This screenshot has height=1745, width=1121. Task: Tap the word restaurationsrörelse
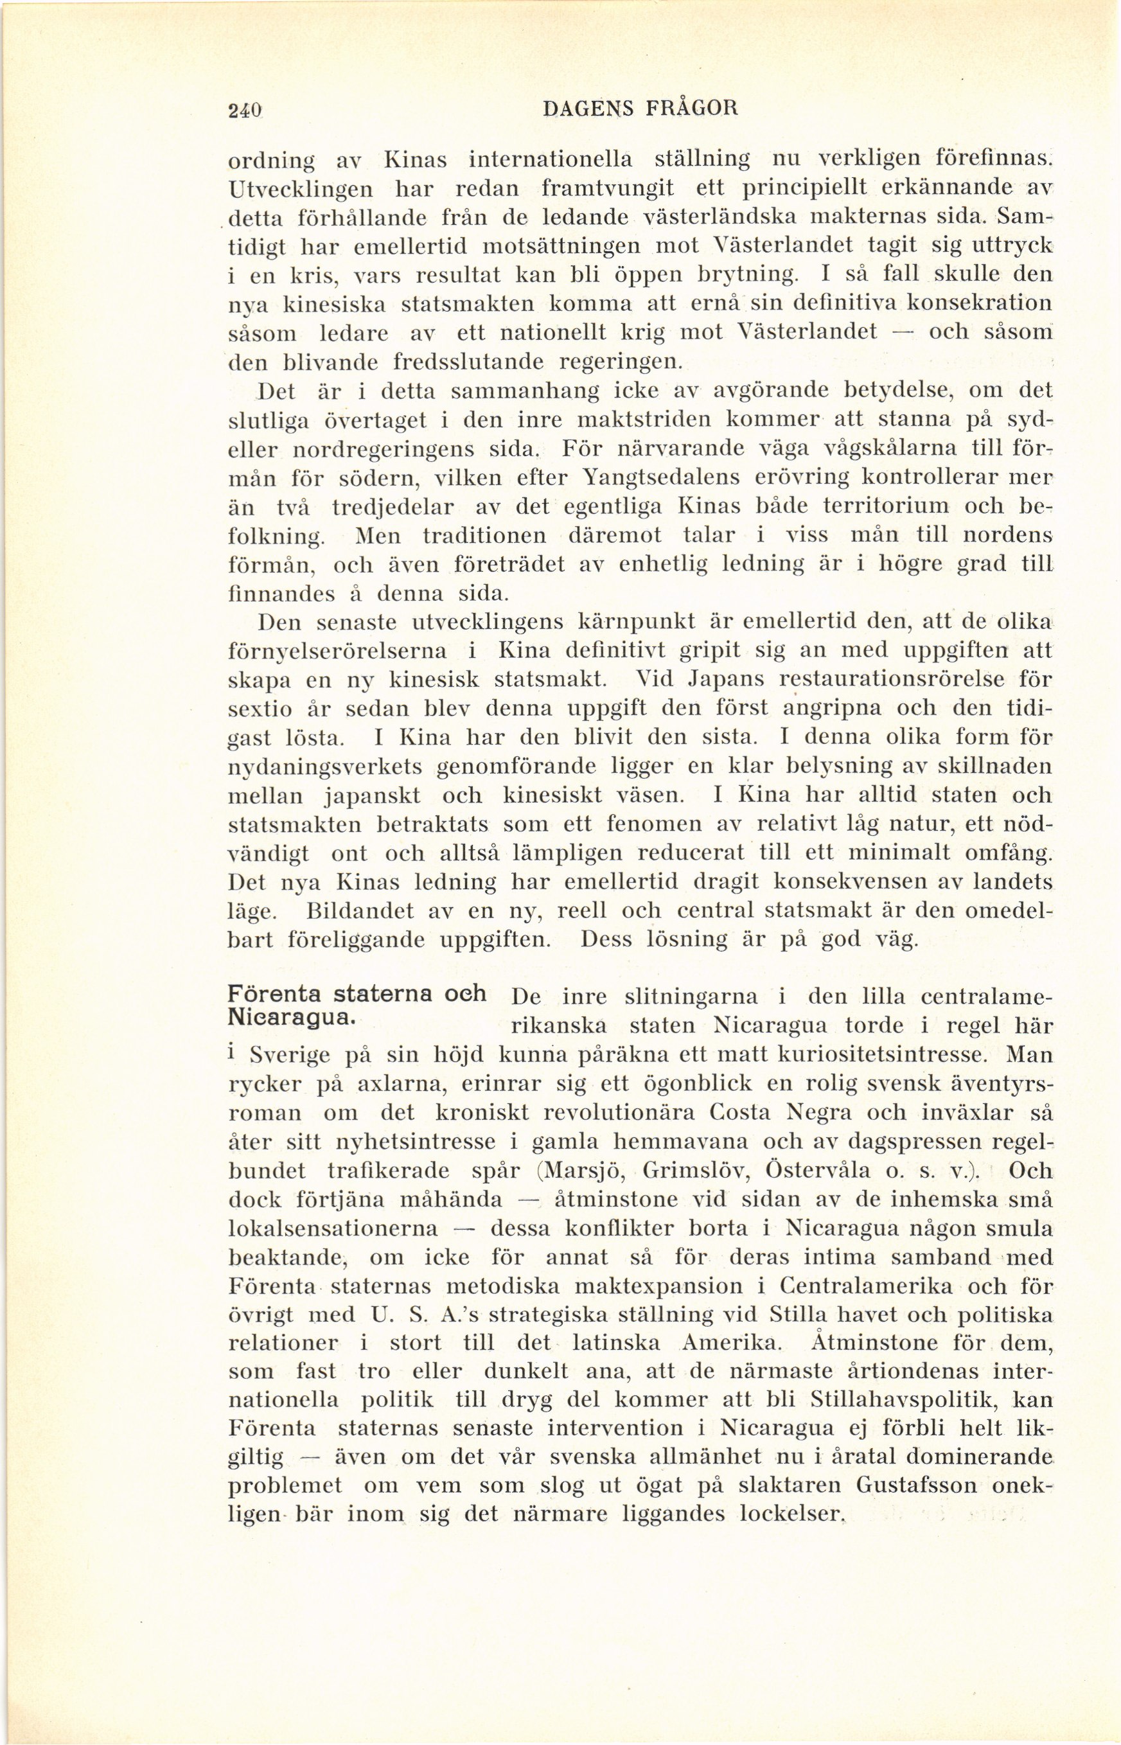[892, 679]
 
